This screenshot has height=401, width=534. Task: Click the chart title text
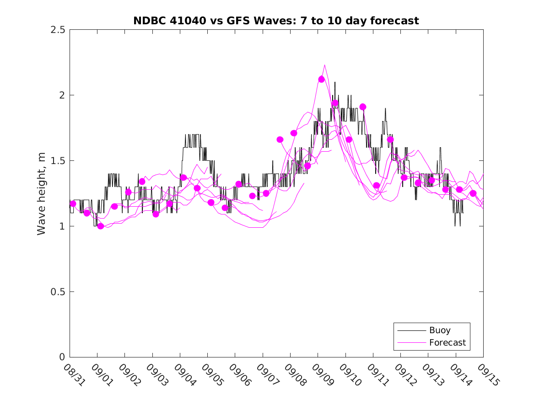click(276, 21)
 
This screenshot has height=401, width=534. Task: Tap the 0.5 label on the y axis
click(58, 292)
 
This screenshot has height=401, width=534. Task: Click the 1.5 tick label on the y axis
click(58, 161)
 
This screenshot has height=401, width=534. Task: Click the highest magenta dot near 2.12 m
click(321, 79)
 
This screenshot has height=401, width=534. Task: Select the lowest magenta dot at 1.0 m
click(101, 226)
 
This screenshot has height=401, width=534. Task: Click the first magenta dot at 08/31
click(73, 203)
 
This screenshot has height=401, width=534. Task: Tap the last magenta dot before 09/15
click(473, 193)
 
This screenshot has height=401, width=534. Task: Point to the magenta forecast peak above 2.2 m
click(324, 65)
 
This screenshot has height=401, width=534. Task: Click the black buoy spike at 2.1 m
click(335, 82)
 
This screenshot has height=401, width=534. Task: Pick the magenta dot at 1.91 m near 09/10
click(363, 107)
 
